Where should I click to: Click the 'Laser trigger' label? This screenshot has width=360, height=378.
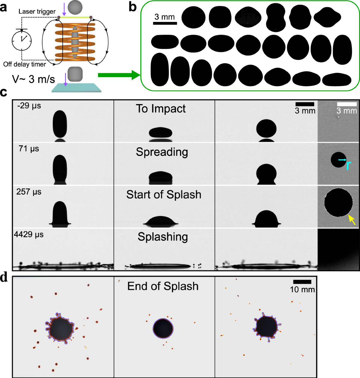(x=37, y=11)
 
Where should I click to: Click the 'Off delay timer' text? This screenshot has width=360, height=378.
(x=25, y=64)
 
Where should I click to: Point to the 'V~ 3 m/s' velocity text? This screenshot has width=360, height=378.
(x=33, y=79)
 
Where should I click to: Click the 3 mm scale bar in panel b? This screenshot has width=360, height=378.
(x=165, y=23)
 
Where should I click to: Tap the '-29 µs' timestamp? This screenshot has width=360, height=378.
(x=29, y=106)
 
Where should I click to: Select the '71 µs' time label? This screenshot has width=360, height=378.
(x=29, y=148)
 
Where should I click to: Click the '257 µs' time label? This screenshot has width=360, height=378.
(x=29, y=192)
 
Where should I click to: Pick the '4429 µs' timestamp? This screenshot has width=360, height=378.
(x=29, y=234)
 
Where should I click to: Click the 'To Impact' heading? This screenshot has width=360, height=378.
(x=161, y=109)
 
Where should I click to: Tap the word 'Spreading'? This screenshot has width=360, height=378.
(x=162, y=152)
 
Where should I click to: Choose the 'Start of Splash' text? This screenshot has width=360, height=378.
(x=163, y=195)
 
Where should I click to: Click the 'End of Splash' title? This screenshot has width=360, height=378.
(x=163, y=286)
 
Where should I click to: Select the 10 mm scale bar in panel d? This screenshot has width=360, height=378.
(x=302, y=282)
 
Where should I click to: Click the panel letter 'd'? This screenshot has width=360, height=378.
(x=4, y=277)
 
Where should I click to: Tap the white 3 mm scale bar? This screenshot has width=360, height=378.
(x=347, y=104)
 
